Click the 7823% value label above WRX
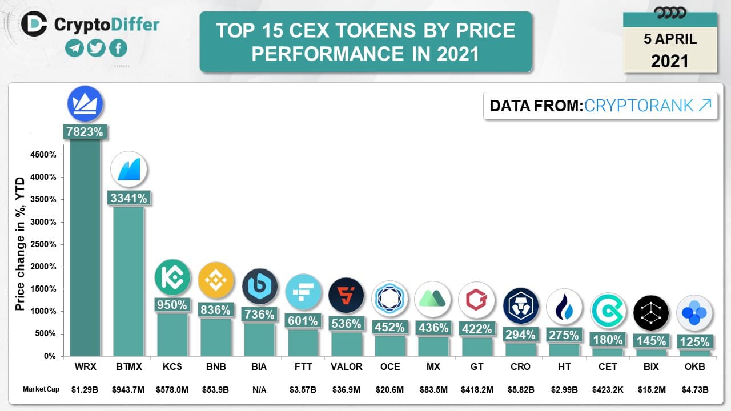(85, 132)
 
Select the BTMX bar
(128, 280)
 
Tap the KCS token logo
(172, 277)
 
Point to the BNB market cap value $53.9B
(215, 389)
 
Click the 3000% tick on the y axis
(43, 222)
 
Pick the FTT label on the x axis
(302, 367)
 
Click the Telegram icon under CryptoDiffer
(74, 49)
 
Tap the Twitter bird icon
(96, 49)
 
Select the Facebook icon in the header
(118, 49)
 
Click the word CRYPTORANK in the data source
(639, 106)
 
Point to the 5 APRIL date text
(670, 39)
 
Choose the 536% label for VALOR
(346, 324)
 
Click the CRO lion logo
(520, 305)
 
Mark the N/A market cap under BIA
(259, 389)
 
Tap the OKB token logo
(694, 313)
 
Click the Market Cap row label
(41, 389)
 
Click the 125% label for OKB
(694, 342)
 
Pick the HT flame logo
(564, 307)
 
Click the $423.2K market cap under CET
(607, 389)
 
